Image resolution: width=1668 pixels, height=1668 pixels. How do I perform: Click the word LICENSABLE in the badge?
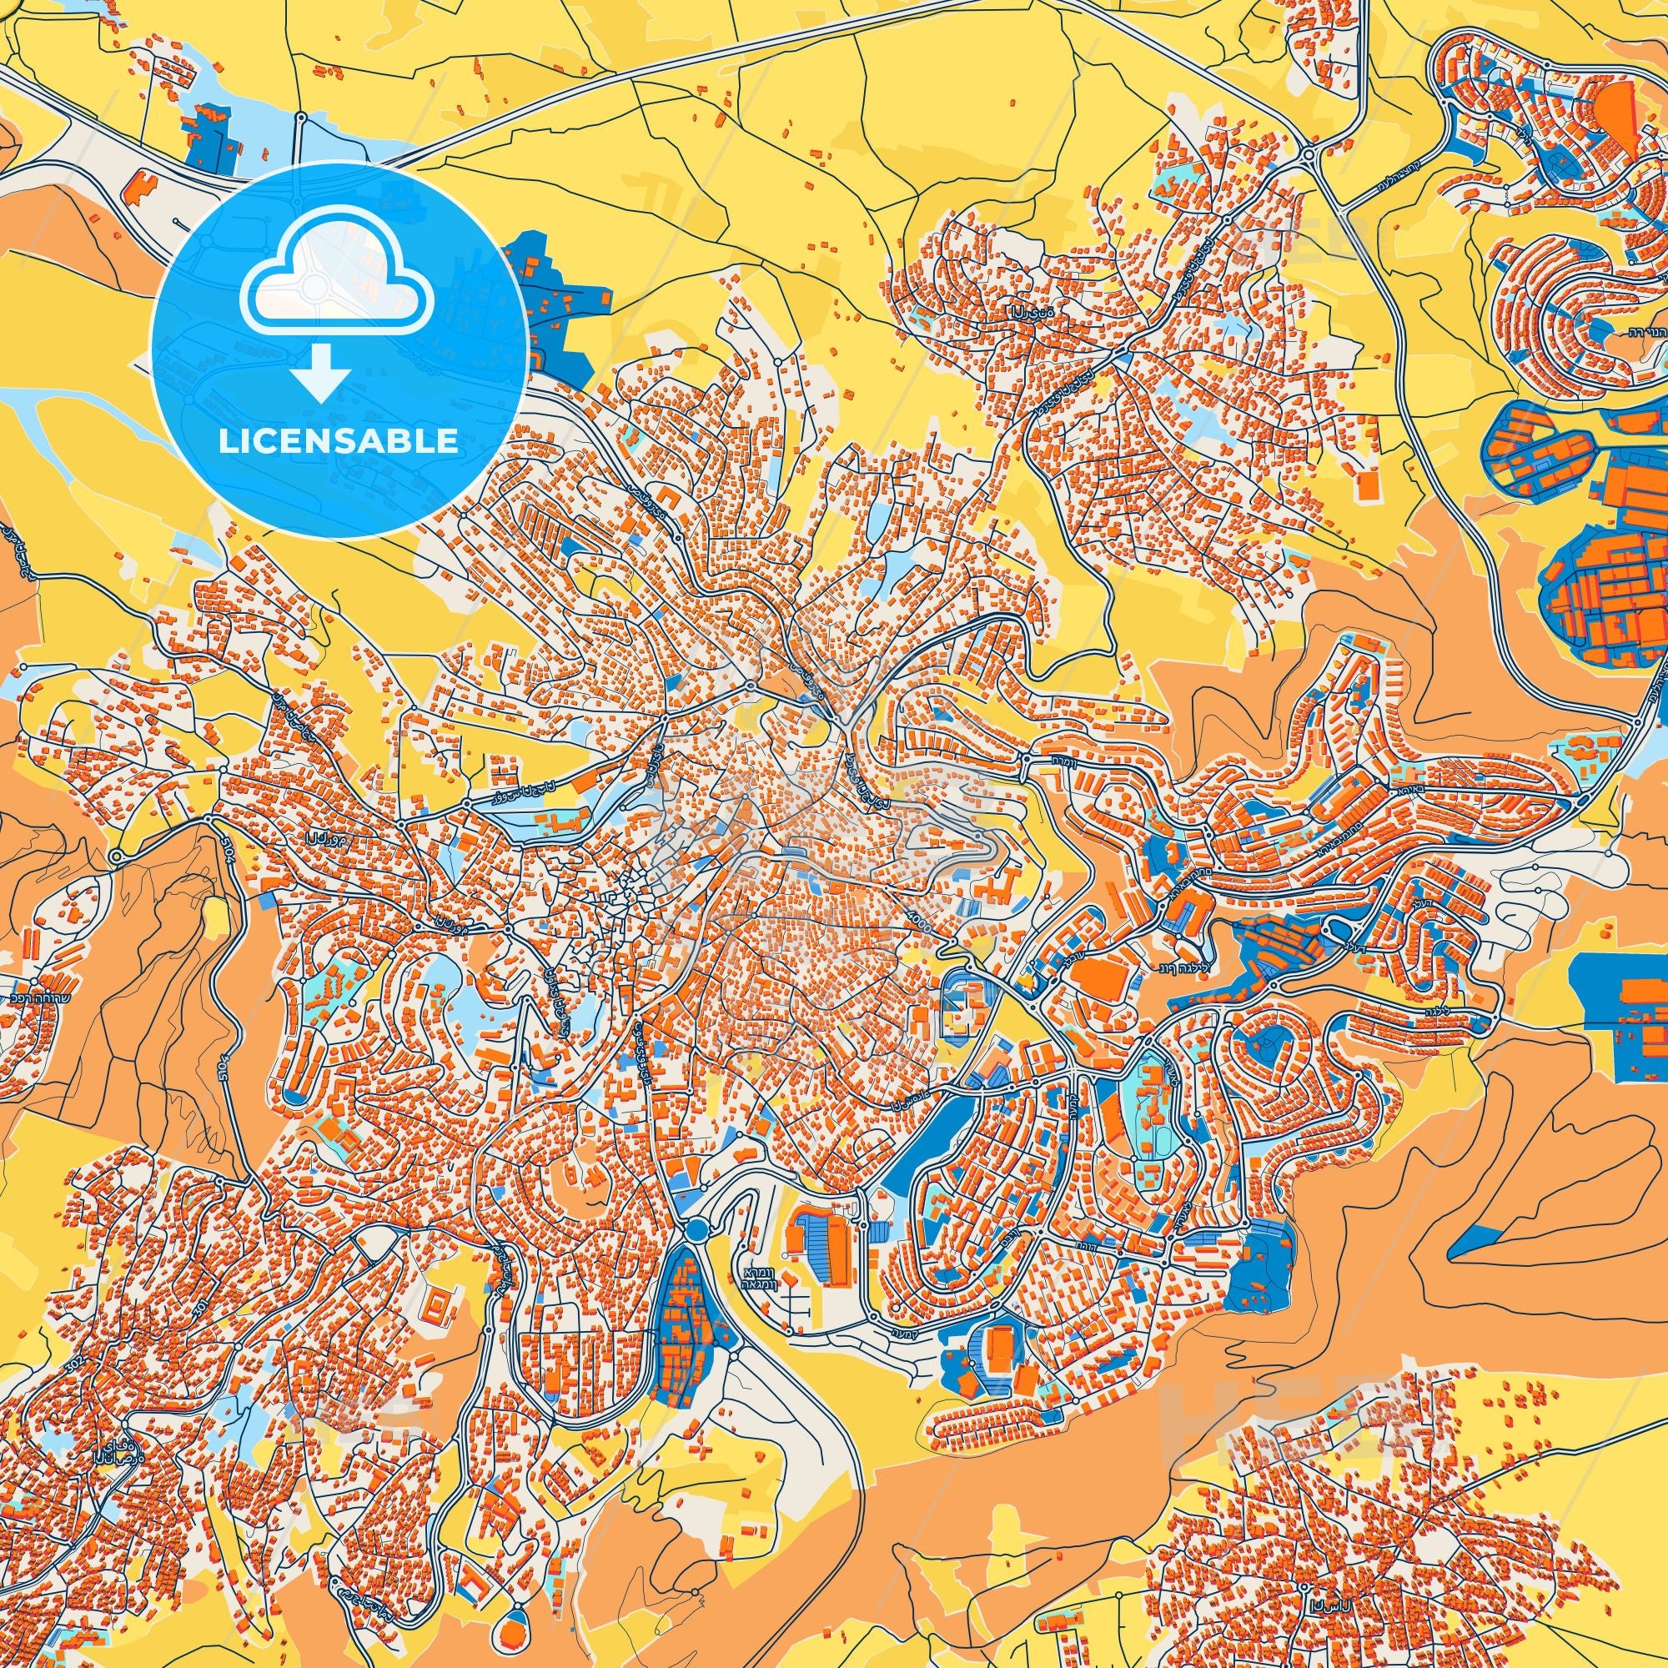(339, 441)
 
